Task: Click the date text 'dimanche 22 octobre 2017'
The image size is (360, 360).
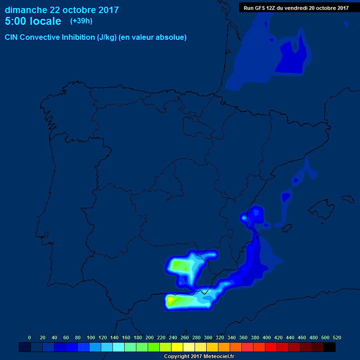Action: pos(62,10)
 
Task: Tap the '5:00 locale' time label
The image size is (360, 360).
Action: pos(33,22)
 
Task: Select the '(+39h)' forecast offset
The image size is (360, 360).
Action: pos(81,21)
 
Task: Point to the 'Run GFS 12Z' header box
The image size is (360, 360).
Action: pos(296,8)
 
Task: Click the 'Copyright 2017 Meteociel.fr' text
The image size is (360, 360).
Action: pos(199,356)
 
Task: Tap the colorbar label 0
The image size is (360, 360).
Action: pos(30,337)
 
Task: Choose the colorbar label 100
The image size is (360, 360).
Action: pos(90,337)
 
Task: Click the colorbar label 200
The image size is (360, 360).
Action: pos(150,337)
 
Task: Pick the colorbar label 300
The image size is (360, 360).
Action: pos(208,337)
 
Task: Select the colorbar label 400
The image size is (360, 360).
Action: pos(267,337)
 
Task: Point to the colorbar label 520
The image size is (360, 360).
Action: pos(337,337)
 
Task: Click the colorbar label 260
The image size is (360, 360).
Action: pos(185,337)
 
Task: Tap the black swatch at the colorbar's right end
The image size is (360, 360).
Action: pos(330,347)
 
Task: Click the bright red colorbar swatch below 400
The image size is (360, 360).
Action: pos(271,347)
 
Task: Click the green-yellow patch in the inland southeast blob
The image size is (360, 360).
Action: pos(180,266)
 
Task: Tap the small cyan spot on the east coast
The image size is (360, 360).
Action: pos(244,217)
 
